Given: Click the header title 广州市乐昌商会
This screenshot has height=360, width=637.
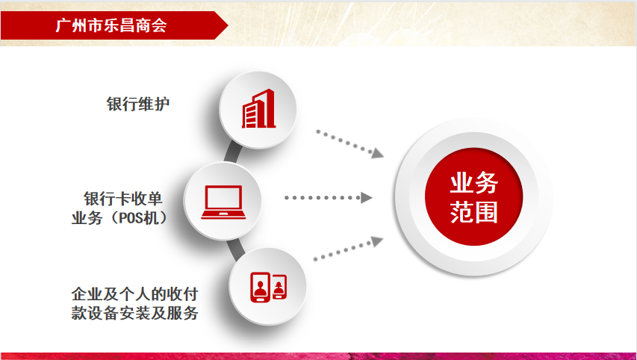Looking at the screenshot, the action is [x=111, y=25].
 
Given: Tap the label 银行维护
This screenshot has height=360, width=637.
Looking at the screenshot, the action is [x=138, y=104].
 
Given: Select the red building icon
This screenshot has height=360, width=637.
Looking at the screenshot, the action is [x=258, y=109].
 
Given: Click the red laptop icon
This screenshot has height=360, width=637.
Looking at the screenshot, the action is [x=223, y=202].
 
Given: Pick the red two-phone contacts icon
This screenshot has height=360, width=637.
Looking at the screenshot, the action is [x=268, y=288].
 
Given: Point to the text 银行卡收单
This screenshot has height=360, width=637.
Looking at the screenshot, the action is [x=123, y=199].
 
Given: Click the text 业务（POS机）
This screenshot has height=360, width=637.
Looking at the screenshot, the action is [x=119, y=218].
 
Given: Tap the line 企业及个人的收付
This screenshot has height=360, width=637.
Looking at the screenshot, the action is [x=134, y=294].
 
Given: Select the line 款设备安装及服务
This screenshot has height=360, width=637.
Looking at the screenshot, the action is [x=134, y=313].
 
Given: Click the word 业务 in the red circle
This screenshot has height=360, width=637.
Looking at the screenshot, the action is [x=473, y=183].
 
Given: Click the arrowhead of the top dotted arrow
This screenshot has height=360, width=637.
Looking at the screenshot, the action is [x=377, y=153].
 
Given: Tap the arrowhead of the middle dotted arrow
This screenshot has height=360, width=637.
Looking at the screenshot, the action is [x=367, y=198].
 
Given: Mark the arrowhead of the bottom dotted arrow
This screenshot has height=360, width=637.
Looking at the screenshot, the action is [x=377, y=241].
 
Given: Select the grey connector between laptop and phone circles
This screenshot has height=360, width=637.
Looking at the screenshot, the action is [x=236, y=249].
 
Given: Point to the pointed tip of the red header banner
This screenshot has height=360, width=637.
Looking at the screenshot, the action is [x=228, y=25].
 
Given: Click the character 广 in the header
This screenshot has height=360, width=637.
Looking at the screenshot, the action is [x=63, y=25].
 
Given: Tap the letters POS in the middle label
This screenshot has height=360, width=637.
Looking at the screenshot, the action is [x=131, y=218].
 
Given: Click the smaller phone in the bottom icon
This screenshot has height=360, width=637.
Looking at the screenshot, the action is [x=279, y=288].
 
